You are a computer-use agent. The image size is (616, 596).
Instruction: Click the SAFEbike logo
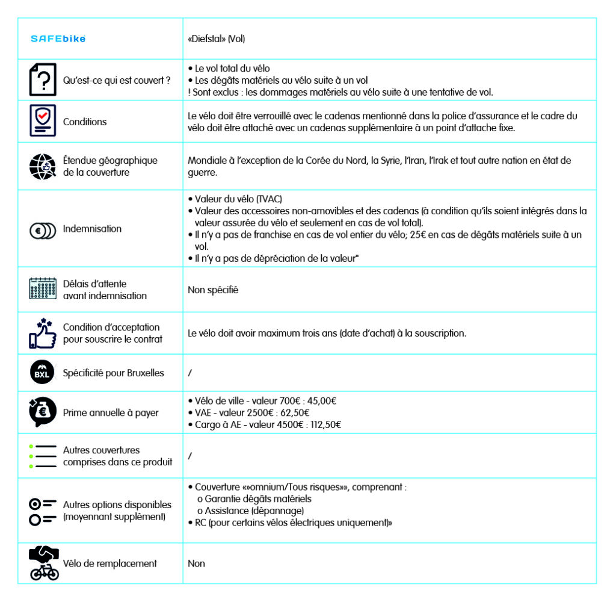[x=58, y=39]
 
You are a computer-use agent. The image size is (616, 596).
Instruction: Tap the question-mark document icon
[x=43, y=79]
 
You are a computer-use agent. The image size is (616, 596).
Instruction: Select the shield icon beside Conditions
[x=43, y=121]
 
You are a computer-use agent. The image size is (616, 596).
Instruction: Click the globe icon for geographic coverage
[x=43, y=167]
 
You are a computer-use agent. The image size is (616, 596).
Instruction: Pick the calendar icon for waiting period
[x=43, y=289]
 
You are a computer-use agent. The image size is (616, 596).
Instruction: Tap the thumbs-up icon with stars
[x=43, y=333]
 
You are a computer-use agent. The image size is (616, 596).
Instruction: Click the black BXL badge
[x=43, y=373]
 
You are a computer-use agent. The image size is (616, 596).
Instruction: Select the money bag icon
[x=43, y=412]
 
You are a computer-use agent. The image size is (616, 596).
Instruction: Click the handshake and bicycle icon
[x=44, y=563]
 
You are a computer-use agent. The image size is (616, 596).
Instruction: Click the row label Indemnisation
[x=92, y=229]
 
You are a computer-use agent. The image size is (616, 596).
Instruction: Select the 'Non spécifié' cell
[x=213, y=290]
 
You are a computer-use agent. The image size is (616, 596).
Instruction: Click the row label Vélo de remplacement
[x=109, y=563]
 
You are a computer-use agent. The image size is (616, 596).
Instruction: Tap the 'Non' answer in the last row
[x=196, y=563]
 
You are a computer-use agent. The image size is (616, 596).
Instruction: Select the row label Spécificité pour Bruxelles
[x=113, y=373]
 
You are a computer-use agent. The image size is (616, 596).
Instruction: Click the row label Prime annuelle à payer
[x=111, y=412]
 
